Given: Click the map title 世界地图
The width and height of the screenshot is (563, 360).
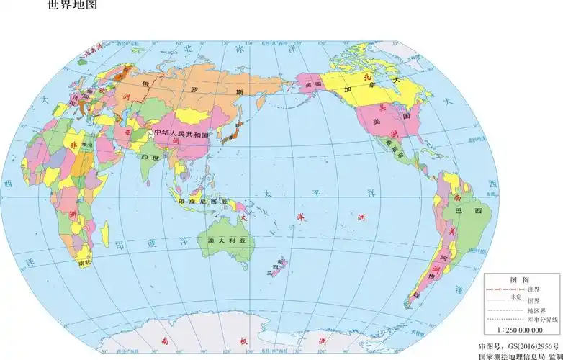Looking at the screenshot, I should [x=71, y=6].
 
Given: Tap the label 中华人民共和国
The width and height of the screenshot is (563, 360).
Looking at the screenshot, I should [x=179, y=135].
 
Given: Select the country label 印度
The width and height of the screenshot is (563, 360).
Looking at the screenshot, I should [x=150, y=156].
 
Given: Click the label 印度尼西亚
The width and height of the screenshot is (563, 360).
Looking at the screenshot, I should [x=202, y=201].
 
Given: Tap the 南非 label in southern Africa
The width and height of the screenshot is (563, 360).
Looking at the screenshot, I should [x=84, y=263].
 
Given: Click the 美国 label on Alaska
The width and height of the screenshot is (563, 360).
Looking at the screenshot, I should [x=312, y=85].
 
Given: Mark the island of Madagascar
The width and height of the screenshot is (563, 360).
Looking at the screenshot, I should [x=106, y=232].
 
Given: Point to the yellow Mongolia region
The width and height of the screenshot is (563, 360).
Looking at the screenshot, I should [x=192, y=114].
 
